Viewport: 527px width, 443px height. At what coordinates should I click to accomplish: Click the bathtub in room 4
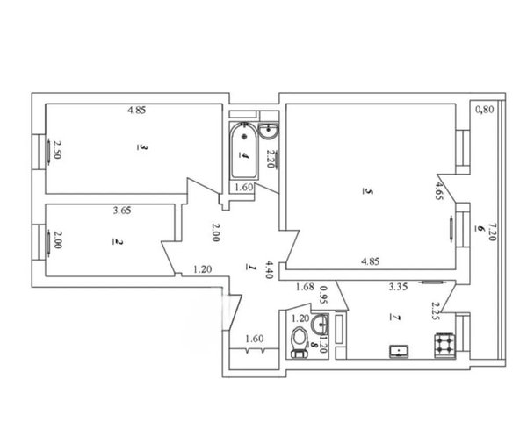[244, 151]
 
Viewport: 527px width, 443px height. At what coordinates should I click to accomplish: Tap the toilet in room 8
[300, 342]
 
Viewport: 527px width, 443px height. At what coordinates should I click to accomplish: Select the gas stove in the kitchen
[444, 345]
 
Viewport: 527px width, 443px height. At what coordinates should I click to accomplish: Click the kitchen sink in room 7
[399, 351]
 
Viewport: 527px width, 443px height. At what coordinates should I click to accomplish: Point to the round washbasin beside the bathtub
[269, 130]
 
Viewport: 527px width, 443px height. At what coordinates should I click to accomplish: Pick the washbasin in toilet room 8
[320, 324]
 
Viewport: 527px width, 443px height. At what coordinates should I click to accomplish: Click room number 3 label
[142, 147]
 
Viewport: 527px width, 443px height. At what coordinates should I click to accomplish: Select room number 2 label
[119, 242]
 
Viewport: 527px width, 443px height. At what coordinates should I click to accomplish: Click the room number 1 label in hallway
[251, 268]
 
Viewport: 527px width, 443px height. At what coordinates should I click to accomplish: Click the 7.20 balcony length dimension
[492, 232]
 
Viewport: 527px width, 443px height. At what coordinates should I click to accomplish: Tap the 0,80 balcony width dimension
[485, 109]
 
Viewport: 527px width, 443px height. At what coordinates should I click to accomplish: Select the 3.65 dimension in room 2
[122, 211]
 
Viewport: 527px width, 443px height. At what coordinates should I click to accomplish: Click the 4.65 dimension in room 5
[439, 190]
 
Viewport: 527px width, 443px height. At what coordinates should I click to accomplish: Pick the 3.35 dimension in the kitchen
[398, 287]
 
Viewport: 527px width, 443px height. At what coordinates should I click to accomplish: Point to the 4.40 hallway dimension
[269, 269]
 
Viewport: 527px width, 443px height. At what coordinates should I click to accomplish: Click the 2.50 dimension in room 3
[57, 150]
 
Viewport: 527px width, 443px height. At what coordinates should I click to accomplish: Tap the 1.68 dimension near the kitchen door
[305, 287]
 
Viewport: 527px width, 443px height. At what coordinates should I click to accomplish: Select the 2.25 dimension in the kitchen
[436, 311]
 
